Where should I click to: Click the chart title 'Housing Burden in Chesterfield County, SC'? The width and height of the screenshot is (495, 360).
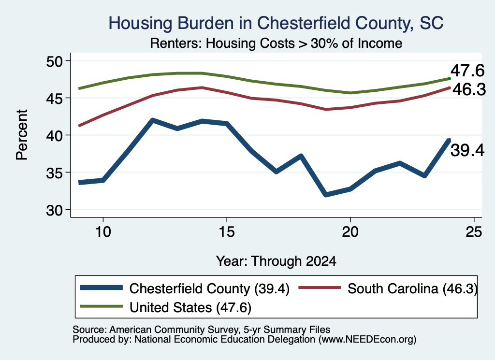pos(276,23)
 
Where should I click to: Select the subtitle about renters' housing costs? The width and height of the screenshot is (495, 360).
pos(276,43)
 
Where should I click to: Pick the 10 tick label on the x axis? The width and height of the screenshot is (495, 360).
pos(103,232)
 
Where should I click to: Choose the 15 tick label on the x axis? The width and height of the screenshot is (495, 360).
pos(227,232)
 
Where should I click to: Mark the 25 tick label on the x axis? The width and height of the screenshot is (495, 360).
pos(474,232)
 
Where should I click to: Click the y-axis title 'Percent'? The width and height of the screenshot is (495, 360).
pos(22,135)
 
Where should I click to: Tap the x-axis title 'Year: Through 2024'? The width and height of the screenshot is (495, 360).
pos(276,261)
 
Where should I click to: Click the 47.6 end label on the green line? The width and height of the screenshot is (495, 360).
pos(467,70)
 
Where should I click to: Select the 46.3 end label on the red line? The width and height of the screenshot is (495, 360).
pos(469,89)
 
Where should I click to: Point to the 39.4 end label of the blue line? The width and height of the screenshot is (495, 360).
pos(467,150)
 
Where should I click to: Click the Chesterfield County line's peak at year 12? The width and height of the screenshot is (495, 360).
pos(152,120)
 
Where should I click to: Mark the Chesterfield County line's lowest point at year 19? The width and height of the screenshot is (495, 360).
pos(326,194)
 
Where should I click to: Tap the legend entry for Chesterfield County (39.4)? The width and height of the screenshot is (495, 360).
pos(185,288)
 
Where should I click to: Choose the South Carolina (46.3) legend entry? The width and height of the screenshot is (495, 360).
pos(388,288)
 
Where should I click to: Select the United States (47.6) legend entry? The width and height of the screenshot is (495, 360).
pos(166,307)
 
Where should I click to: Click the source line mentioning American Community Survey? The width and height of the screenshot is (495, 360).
pos(202,330)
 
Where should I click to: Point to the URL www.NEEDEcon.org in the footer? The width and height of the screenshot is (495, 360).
pos(367,340)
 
